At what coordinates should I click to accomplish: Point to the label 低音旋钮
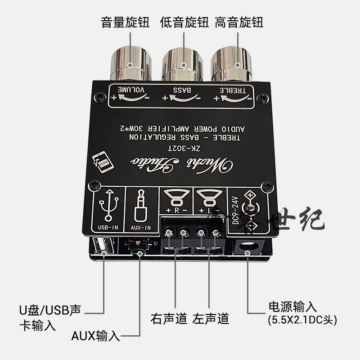pos(184,22)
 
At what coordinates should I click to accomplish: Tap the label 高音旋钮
pos(239,22)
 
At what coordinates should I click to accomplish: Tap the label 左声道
pos(211,319)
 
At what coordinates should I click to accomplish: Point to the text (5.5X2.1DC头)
pos(302,321)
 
